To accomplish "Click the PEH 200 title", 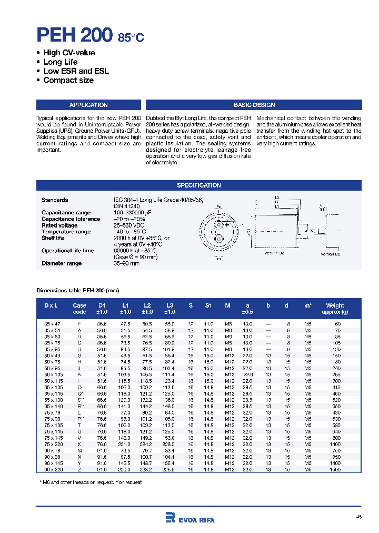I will tap(74, 35).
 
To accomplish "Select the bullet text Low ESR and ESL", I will tap(76, 71).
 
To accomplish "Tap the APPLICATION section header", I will tap(88, 105).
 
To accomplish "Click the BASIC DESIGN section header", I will tap(254, 105).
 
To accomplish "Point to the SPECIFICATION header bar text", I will tap(199, 185).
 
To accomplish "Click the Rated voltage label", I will tap(59, 225).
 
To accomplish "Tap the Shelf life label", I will tap(53, 238).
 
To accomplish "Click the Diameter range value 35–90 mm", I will tap(126, 263).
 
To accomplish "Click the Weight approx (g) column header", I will tap(335, 309).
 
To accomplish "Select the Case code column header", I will tap(79, 309).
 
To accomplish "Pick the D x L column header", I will tap(51, 305).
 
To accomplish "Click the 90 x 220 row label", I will tap(51, 469).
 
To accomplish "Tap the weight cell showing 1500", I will tap(335, 469).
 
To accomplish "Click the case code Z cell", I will tap(79, 469).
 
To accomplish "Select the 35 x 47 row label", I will tap(51, 324).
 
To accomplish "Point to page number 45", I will tap(358, 517).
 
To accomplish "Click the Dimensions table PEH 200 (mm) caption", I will tap(77, 290).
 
